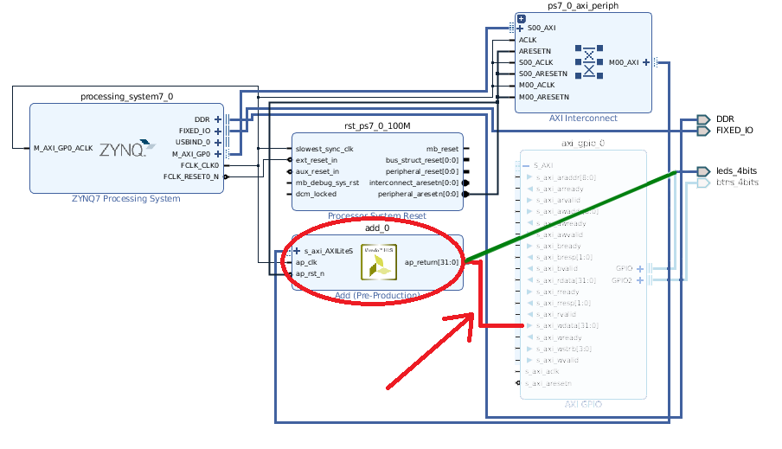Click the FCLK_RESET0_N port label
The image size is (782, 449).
pyautogui.click(x=191, y=176)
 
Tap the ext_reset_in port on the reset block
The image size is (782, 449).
pyautogui.click(x=317, y=160)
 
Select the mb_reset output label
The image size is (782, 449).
pyautogui.click(x=442, y=149)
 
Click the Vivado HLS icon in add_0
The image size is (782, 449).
pyautogui.click(x=379, y=261)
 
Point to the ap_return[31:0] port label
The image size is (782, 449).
pyautogui.click(x=433, y=262)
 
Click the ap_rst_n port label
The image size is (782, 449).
pyautogui.click(x=311, y=273)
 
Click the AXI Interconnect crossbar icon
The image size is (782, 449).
pyautogui.click(x=589, y=62)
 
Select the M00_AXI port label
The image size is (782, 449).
pyautogui.click(x=623, y=62)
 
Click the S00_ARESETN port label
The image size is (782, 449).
pyautogui.click(x=544, y=74)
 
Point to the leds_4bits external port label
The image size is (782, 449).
pyautogui.click(x=737, y=170)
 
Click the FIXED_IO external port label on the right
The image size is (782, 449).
pyautogui.click(x=734, y=131)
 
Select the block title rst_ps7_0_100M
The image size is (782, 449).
pyautogui.click(x=376, y=126)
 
